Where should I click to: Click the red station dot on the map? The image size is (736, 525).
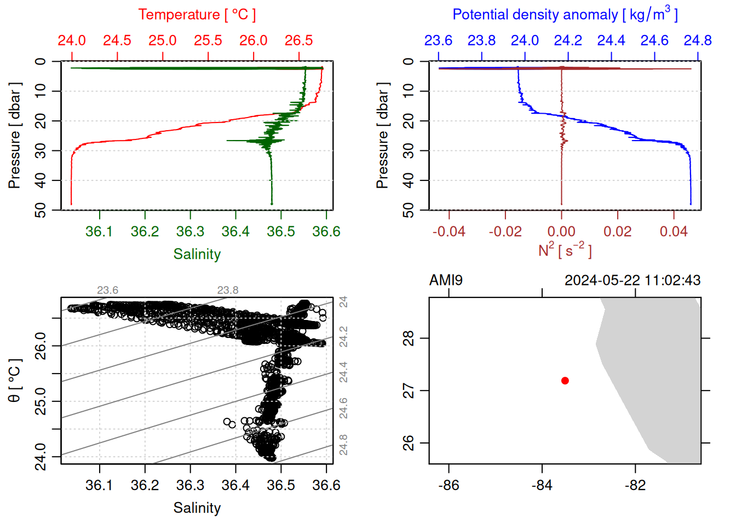tap(565, 381)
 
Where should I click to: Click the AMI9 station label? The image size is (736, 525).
tap(446, 281)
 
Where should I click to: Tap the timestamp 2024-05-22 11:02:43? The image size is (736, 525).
tap(633, 281)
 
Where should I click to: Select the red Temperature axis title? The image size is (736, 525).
tap(197, 15)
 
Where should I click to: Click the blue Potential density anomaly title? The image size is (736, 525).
tap(565, 15)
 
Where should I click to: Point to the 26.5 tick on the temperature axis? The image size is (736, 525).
tap(299, 40)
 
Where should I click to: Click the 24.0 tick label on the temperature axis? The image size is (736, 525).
tap(72, 40)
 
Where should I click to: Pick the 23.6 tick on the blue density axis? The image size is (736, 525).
tap(438, 40)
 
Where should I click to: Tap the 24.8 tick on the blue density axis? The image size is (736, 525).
tap(698, 40)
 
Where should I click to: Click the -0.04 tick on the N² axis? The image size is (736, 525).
tap(449, 231)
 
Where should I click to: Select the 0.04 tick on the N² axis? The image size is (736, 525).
tap(674, 231)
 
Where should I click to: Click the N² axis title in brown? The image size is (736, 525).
tap(565, 250)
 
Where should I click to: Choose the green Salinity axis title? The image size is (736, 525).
tap(197, 254)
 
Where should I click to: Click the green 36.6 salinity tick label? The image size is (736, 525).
tap(326, 231)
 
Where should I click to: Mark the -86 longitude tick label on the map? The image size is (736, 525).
tap(449, 485)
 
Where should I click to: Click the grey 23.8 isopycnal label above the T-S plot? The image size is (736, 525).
tap(228, 290)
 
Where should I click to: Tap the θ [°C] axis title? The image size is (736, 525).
tap(15, 381)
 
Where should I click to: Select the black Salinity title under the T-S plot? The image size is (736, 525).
tap(197, 508)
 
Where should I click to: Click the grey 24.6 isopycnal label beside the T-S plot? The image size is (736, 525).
tap(343, 408)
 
